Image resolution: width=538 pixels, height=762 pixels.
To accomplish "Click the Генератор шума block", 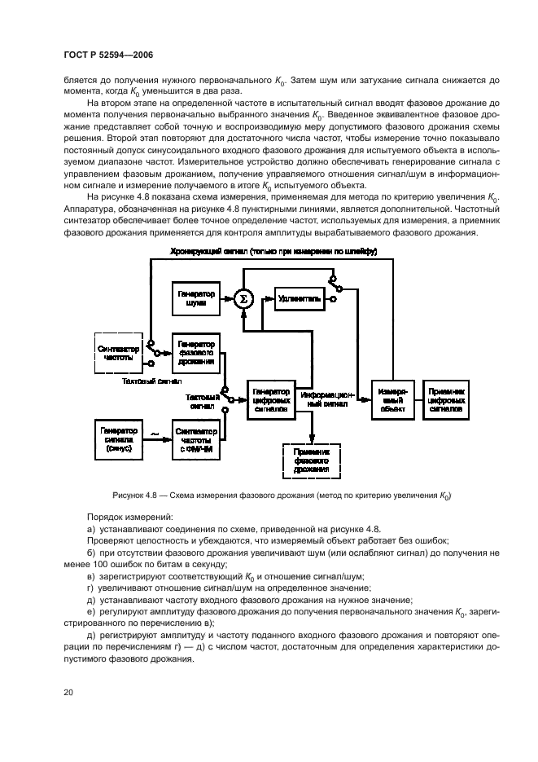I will [x=193, y=299].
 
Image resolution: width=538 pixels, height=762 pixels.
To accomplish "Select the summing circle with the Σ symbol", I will [x=242, y=299].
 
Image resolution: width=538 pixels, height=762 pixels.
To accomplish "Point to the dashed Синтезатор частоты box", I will [x=117, y=352].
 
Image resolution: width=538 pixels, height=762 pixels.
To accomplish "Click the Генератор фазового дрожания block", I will [x=194, y=352].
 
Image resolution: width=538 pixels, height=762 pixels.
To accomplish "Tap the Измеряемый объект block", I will [x=392, y=398].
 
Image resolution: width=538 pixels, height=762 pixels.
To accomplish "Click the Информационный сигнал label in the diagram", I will [x=326, y=398].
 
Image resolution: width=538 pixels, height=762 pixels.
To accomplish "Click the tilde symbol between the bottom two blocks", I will [x=155, y=433].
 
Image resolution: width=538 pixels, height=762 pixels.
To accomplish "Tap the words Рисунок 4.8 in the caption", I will [x=133, y=496].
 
